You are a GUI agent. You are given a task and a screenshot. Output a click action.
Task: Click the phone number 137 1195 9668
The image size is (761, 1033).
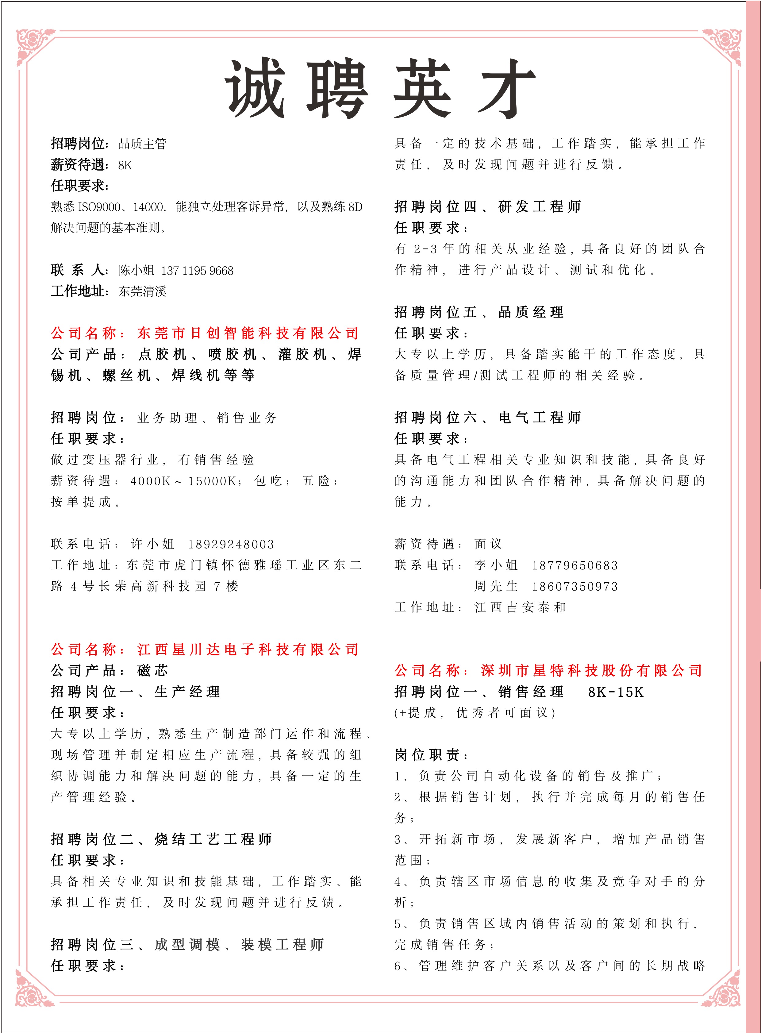tap(197, 271)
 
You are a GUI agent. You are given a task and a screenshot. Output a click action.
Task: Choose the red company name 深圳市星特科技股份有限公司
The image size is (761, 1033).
tap(591, 670)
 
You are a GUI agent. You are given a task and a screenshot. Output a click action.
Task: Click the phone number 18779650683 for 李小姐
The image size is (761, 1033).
tap(575, 565)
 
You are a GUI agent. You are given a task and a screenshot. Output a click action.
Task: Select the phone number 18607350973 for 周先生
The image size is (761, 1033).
tap(575, 587)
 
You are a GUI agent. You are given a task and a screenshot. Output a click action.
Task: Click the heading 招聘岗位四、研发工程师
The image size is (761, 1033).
tap(487, 206)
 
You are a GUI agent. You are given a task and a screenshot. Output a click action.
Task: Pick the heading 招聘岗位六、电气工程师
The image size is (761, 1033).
tap(487, 418)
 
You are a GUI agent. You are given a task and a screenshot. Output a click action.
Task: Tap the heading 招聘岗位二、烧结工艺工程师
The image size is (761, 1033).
tap(161, 839)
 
